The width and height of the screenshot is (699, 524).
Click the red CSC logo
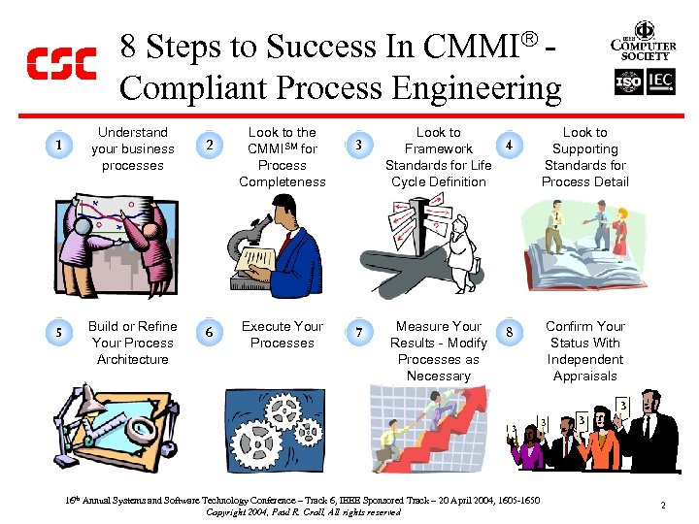coord(60,64)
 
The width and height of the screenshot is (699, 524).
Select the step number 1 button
coord(59,146)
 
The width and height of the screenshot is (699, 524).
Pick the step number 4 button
coord(510,146)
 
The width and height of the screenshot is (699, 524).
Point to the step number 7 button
coord(359,333)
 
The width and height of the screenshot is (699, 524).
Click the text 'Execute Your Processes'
coord(283,335)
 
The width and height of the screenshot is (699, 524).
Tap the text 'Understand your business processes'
coord(132,148)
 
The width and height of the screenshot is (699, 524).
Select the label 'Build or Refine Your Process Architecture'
coord(132,343)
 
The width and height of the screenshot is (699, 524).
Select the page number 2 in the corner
coord(662,506)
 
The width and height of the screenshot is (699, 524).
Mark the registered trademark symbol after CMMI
coord(530,41)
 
